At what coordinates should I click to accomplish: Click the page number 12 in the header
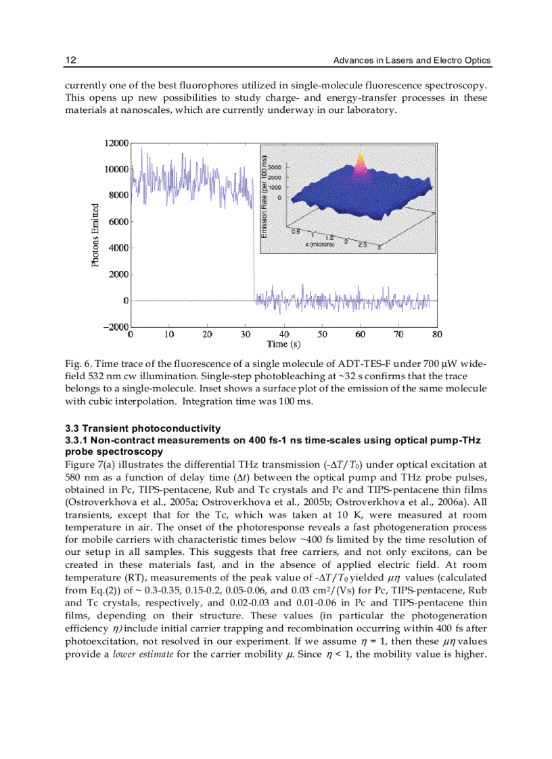click(x=70, y=61)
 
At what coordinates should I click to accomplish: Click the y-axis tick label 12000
click(x=116, y=143)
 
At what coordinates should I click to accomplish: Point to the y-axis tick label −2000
click(x=115, y=326)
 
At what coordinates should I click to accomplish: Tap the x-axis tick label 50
click(x=323, y=334)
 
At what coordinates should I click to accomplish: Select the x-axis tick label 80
click(x=438, y=334)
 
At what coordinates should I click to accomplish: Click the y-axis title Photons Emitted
click(x=95, y=235)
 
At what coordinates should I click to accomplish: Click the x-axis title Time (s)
click(x=283, y=345)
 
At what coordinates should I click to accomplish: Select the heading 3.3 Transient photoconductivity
click(x=143, y=429)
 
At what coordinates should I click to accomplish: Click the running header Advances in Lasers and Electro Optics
click(x=412, y=61)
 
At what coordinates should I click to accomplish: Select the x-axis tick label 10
click(x=169, y=334)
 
